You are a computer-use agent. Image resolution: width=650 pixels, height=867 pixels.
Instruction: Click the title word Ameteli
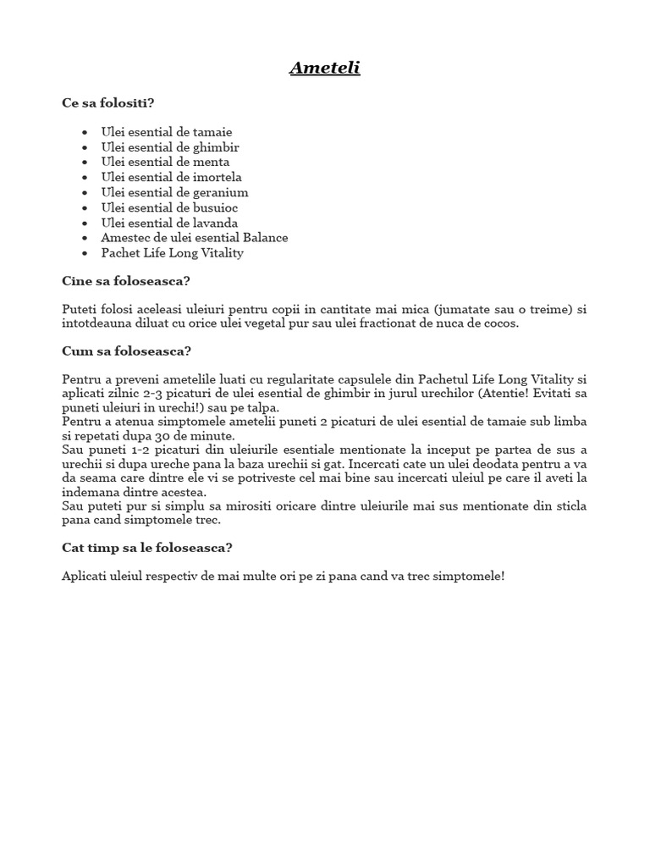click(325, 68)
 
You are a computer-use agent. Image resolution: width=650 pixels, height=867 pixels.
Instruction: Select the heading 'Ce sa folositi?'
click(108, 103)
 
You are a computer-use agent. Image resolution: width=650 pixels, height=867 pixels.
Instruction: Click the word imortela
click(218, 177)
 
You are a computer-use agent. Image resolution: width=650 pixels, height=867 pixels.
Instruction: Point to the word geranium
click(221, 192)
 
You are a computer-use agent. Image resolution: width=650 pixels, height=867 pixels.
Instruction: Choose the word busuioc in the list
click(218, 207)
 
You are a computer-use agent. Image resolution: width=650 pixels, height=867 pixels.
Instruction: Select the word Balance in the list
click(265, 238)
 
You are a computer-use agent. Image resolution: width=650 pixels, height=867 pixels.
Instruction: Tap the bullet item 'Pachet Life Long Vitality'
click(172, 253)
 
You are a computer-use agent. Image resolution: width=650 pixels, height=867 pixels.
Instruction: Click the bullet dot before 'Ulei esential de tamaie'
click(85, 133)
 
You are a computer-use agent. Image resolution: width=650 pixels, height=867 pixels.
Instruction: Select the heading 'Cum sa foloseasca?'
click(126, 351)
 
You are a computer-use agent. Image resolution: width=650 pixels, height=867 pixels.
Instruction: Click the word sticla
click(569, 505)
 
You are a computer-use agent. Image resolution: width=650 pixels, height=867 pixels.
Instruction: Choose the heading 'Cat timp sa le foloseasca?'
click(146, 548)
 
